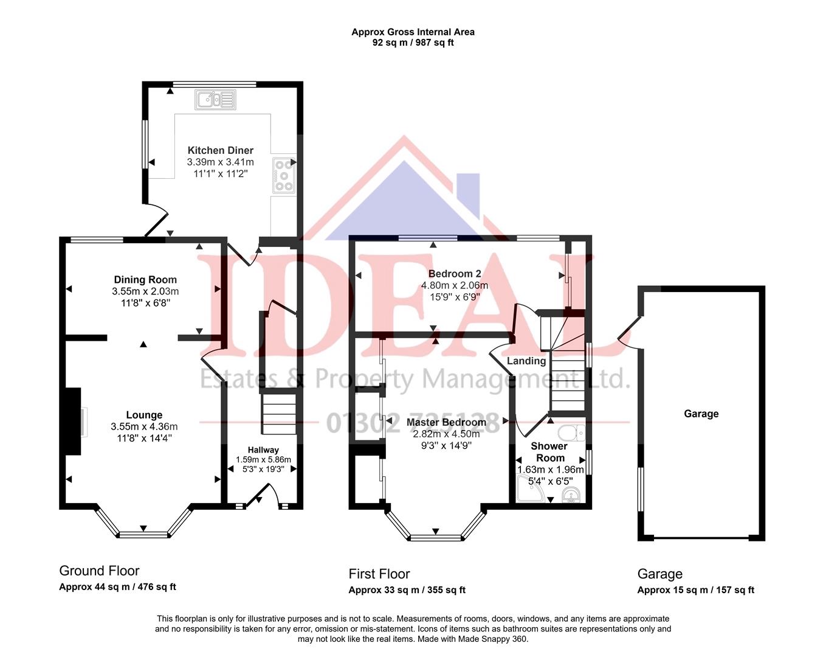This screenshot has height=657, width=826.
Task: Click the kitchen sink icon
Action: tap(215, 100)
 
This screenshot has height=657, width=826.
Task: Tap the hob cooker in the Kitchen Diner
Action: tap(283, 175)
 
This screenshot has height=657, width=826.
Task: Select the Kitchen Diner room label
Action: tap(220, 150)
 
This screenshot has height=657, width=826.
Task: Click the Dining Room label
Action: tap(145, 280)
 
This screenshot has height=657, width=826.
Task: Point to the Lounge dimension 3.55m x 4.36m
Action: tap(144, 426)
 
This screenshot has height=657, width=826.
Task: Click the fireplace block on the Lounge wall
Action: tap(72, 421)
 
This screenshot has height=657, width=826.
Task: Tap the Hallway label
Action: tap(263, 450)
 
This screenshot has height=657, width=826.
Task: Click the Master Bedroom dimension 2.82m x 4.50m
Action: tap(446, 434)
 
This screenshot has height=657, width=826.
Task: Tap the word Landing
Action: tap(526, 361)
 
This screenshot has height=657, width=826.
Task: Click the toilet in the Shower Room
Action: tap(570, 433)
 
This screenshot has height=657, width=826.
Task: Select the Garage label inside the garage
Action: tap(701, 414)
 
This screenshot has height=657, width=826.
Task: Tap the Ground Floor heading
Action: tap(99, 571)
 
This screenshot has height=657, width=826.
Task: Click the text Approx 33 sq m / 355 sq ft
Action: tap(407, 589)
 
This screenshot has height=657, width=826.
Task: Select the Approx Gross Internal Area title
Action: tap(413, 32)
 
